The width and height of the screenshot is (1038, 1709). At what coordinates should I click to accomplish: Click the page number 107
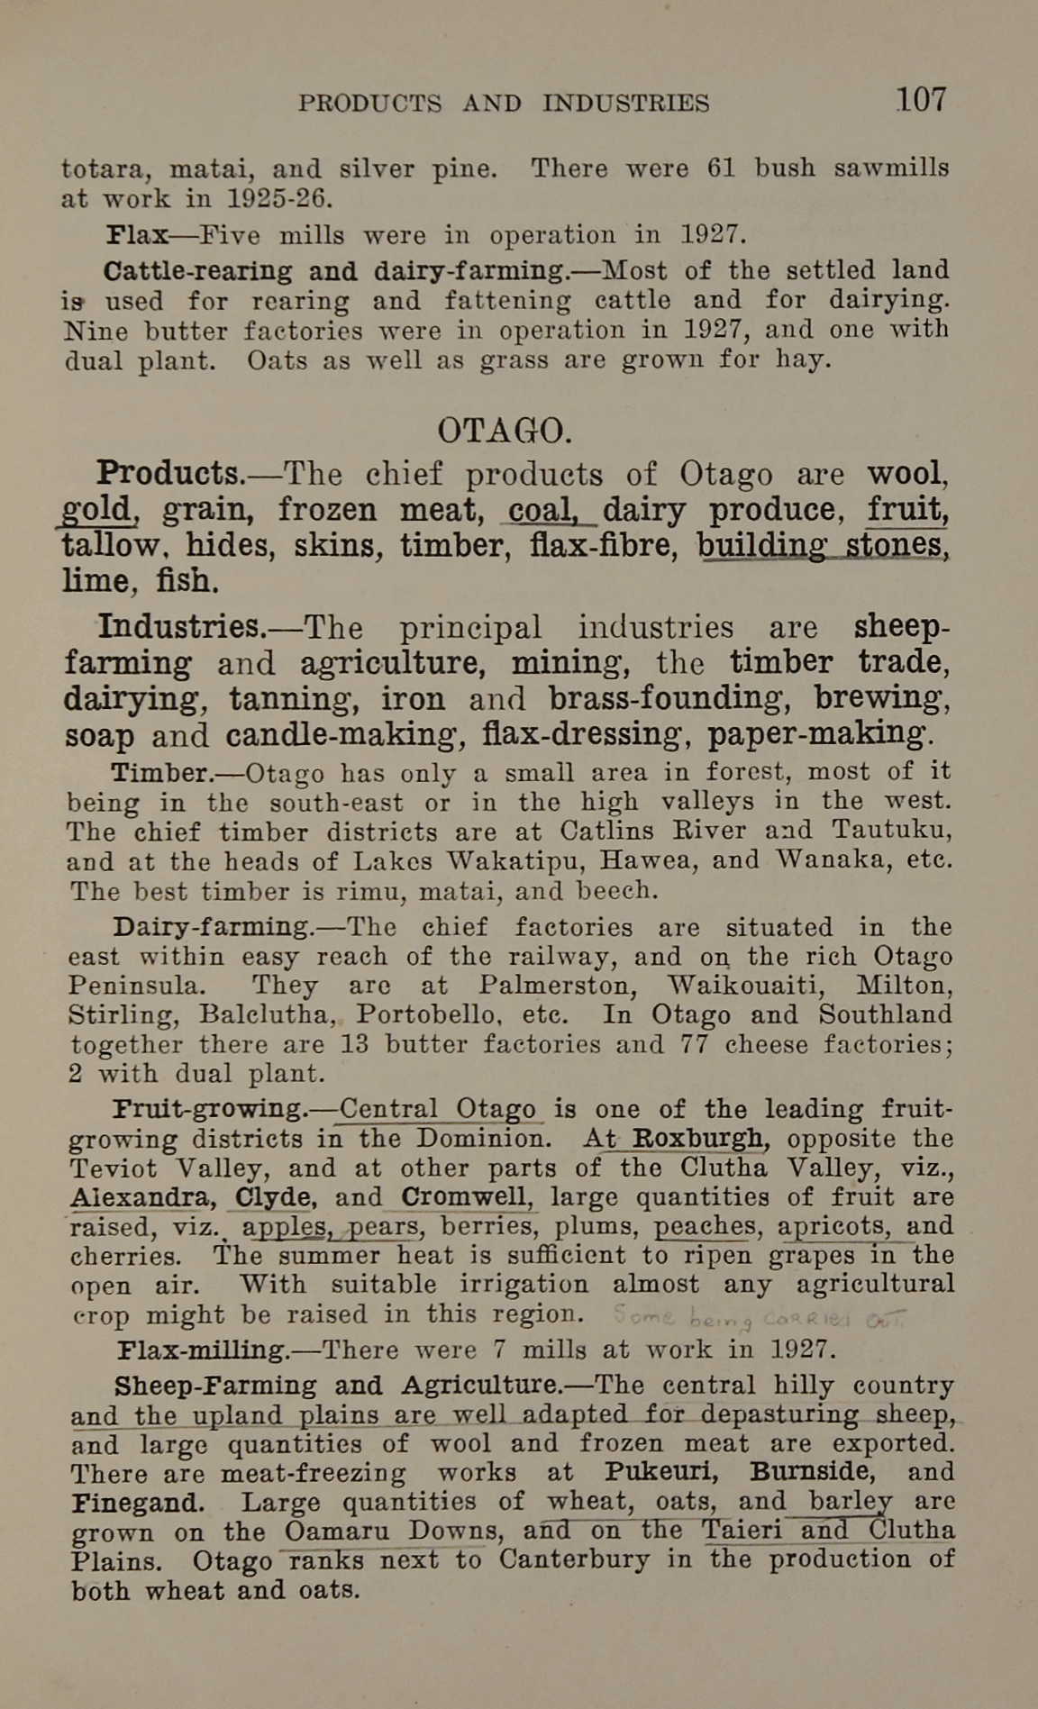pos(920,99)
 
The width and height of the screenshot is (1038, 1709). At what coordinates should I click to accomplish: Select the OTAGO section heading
pos(504,431)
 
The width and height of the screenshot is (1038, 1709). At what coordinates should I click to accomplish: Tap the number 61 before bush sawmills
pos(721,168)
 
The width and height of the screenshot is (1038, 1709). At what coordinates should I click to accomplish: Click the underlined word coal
pos(542,511)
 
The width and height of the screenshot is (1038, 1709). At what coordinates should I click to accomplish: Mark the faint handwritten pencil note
pos(757,1317)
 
